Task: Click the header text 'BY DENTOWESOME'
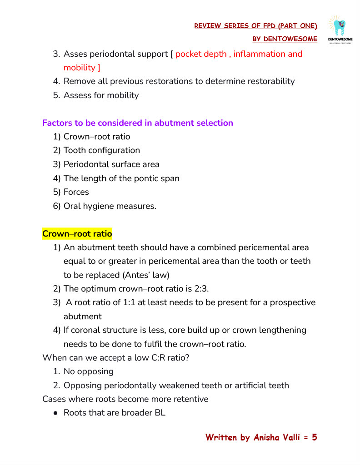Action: pos(285,39)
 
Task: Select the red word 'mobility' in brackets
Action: pos(79,68)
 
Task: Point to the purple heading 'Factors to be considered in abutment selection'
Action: pos(138,123)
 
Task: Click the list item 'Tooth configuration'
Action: pos(102,150)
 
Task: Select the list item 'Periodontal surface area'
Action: pos(111,164)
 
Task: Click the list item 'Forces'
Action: pos(76,192)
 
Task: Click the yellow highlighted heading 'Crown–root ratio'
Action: pos(77,234)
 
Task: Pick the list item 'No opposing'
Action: pos(89,371)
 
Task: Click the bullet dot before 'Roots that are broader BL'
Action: pos(55,413)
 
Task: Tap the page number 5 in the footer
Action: pos(314,438)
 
